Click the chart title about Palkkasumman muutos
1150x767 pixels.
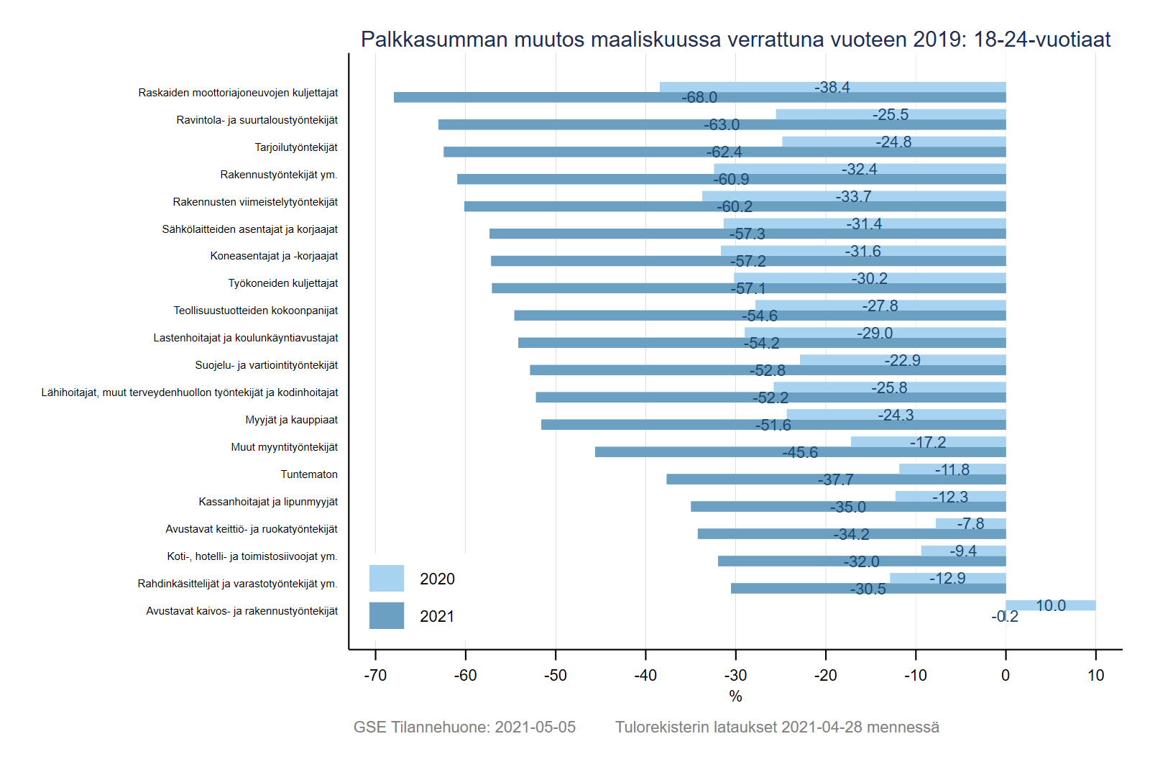[735, 40]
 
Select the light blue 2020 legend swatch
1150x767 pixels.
[387, 578]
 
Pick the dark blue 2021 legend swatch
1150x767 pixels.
[387, 615]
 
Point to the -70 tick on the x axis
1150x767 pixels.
[375, 675]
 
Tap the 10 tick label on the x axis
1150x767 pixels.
[1095, 675]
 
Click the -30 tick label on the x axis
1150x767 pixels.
[735, 675]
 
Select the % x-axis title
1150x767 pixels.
[735, 696]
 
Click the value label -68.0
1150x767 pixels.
[699, 97]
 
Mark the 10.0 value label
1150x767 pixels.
[1051, 605]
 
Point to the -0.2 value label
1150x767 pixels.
[1005, 617]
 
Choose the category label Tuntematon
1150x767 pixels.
[309, 474]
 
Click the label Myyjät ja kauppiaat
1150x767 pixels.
[291, 420]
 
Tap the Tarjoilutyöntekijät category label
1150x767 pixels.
[296, 147]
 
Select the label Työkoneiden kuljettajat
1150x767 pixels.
[283, 283]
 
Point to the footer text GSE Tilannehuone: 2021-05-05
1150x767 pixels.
[464, 727]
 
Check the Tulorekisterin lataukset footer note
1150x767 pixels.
[777, 727]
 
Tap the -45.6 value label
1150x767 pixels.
[800, 452]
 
